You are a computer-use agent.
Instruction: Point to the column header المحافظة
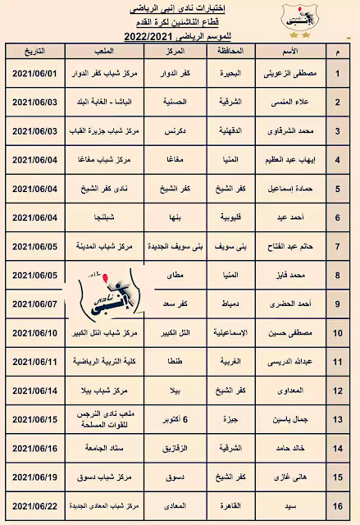tap(232, 51)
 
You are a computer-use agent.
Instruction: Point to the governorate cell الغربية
tap(233, 362)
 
